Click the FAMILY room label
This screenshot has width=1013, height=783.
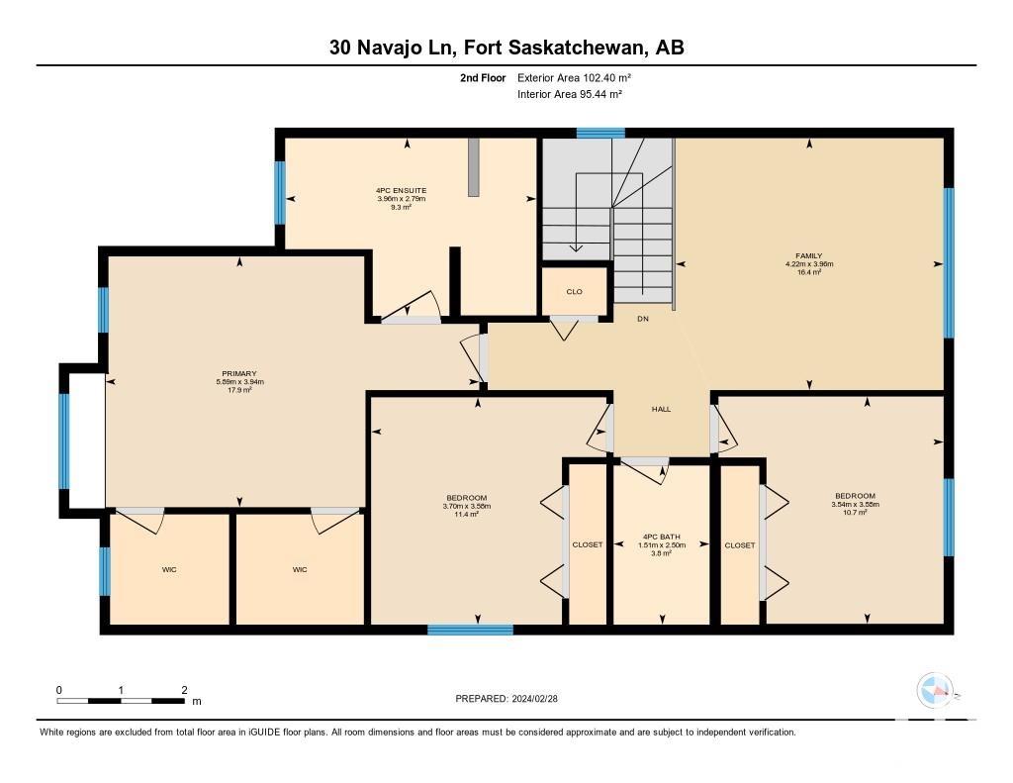point(809,256)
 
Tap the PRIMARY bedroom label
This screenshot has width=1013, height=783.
point(239,374)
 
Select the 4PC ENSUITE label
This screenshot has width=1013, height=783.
point(402,191)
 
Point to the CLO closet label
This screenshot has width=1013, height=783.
point(575,292)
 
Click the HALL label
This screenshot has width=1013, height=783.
point(661,409)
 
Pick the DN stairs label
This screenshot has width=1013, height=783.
point(643,319)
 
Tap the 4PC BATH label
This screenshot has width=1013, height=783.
point(662,537)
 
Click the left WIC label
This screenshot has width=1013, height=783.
point(169,569)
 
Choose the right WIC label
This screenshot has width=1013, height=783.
point(300,569)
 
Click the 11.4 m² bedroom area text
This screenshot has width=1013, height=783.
point(467,515)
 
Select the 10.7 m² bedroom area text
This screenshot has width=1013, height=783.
point(855,512)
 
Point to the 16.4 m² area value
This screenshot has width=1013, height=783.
point(809,272)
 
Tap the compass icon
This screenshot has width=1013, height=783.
point(935,691)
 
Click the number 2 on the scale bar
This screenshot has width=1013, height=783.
point(185,690)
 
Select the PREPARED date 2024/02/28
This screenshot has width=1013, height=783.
point(534,698)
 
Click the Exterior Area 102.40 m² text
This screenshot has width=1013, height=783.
point(574,77)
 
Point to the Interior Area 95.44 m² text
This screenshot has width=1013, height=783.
point(569,94)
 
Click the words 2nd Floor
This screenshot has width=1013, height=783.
point(483,77)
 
